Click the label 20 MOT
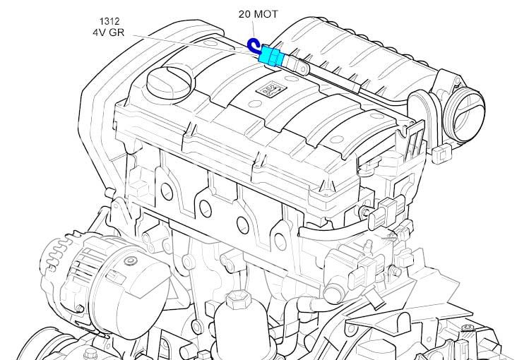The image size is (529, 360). coord(258,14)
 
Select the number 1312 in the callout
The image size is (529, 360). coord(109,21)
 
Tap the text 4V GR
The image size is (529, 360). coord(108,32)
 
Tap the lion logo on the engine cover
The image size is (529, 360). coord(271,89)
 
